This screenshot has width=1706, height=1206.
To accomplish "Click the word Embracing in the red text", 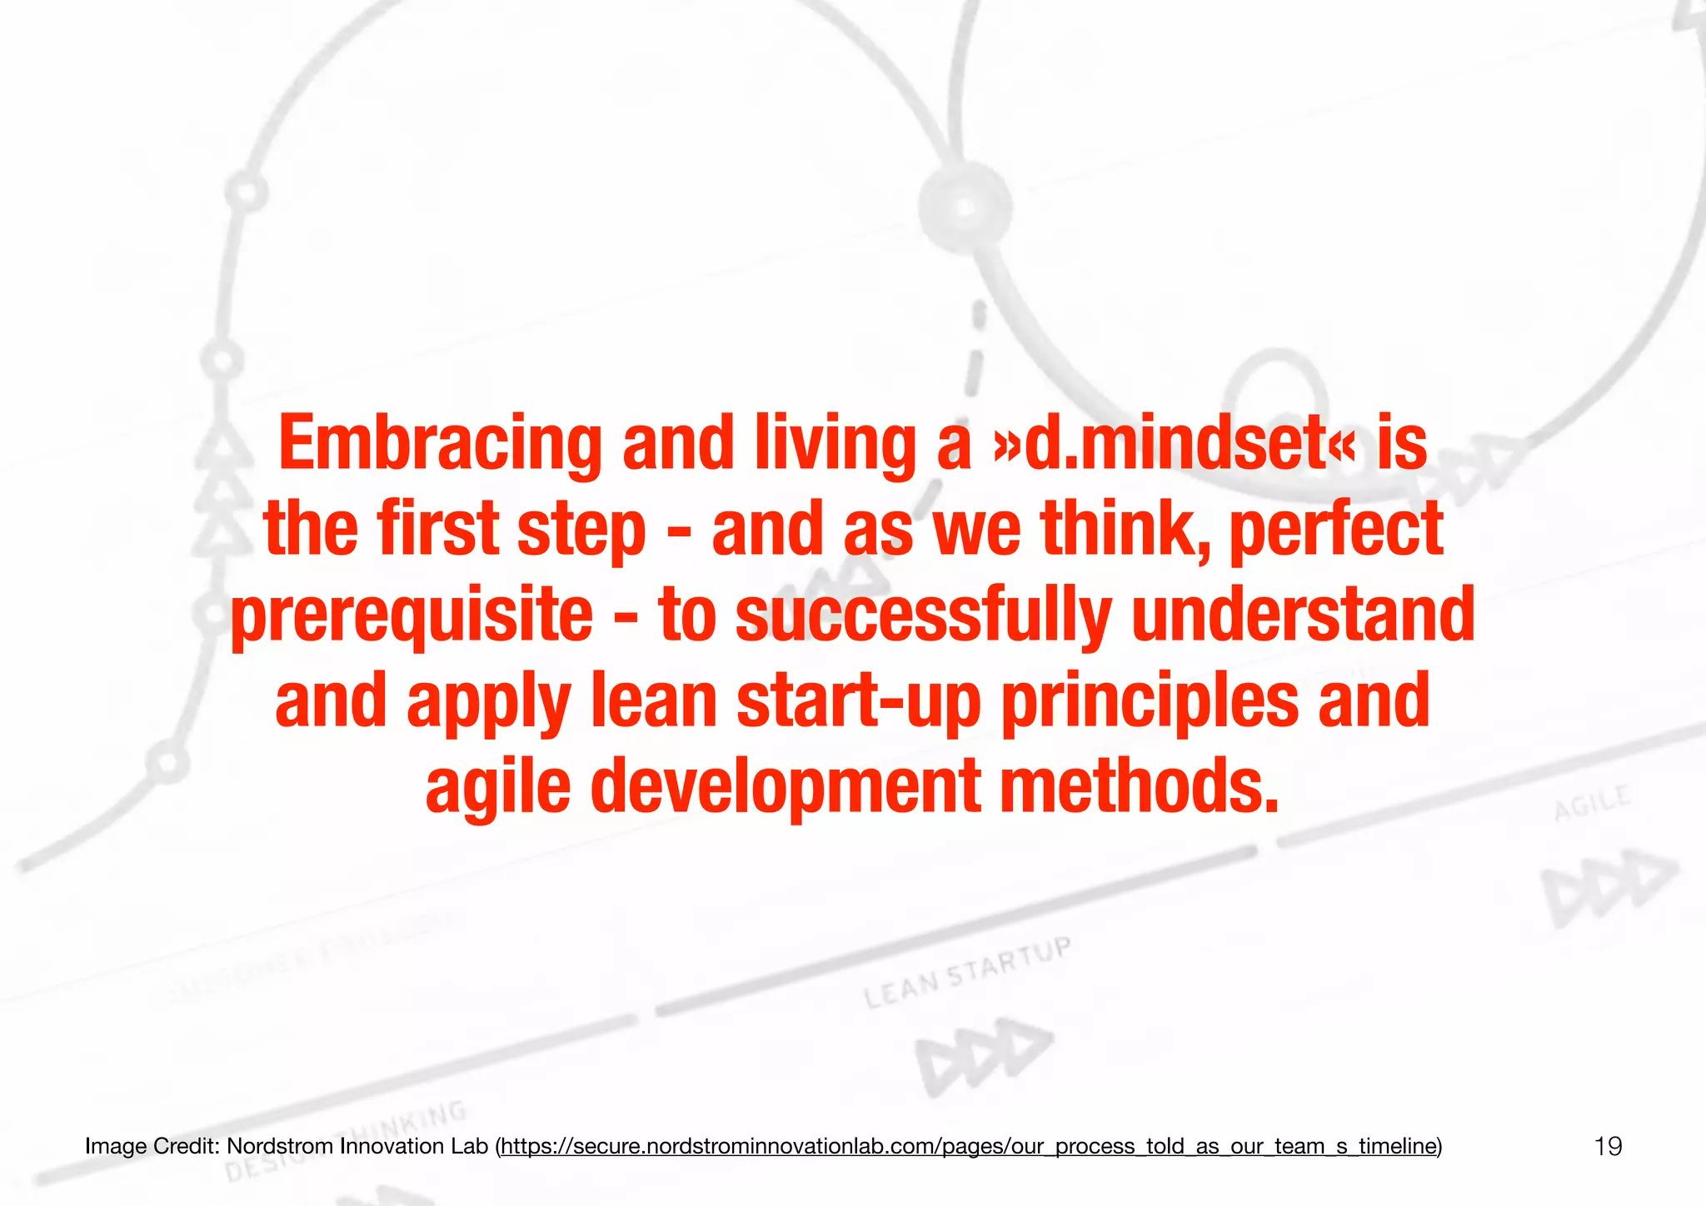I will pyautogui.click(x=440, y=443).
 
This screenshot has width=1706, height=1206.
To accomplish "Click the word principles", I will pyautogui.click(x=1150, y=701).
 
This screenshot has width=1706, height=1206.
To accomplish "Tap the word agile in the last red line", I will pyautogui.click(x=498, y=788).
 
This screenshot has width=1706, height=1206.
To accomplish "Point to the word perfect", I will pyautogui.click(x=1336, y=529).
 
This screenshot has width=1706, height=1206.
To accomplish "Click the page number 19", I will pyautogui.click(x=1608, y=1147).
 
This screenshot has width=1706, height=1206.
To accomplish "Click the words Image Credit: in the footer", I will pyautogui.click(x=152, y=1147).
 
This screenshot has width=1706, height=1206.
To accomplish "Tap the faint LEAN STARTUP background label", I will pyautogui.click(x=966, y=973).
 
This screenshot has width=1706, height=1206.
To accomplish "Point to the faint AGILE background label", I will pyautogui.click(x=1592, y=803).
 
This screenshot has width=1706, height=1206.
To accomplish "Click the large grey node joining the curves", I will pyautogui.click(x=965, y=207).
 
